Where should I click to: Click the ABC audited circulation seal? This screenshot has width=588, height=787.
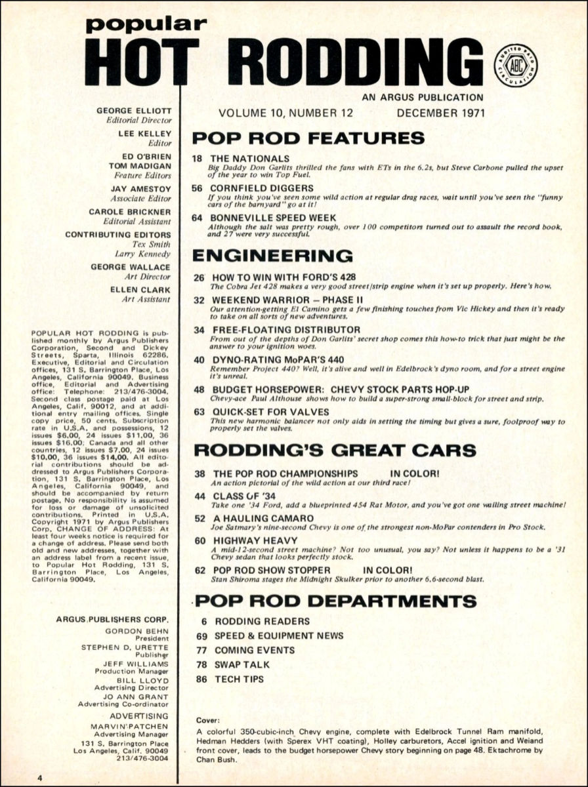point(515,66)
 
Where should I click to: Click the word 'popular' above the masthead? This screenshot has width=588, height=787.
point(146,24)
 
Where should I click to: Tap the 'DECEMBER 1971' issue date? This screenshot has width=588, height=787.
point(440,112)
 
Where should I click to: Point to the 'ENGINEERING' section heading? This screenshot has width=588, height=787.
point(272,255)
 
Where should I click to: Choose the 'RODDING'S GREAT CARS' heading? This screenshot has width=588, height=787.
point(335,451)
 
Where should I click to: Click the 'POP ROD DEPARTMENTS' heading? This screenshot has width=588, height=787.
point(335,601)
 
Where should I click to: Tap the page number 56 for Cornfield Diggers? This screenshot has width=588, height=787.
point(198,188)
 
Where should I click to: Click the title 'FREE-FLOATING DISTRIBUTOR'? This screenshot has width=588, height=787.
point(285,329)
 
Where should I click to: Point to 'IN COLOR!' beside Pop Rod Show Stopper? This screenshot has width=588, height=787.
point(387,570)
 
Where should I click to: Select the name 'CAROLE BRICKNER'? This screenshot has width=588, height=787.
point(130,212)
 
